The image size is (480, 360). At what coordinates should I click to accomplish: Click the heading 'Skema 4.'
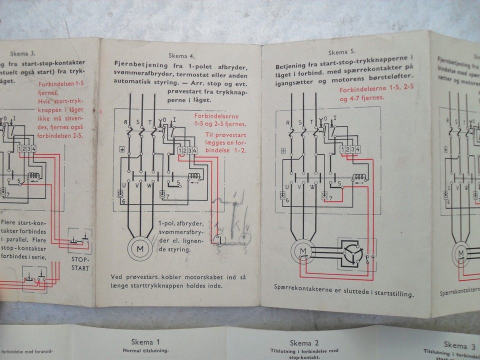pyautogui.click(x=181, y=56)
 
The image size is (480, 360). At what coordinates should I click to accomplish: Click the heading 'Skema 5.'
pyautogui.click(x=341, y=51)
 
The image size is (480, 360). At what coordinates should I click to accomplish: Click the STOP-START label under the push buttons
pyautogui.click(x=80, y=264)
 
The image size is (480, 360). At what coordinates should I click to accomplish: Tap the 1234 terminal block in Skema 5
pyautogui.click(x=350, y=149)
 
